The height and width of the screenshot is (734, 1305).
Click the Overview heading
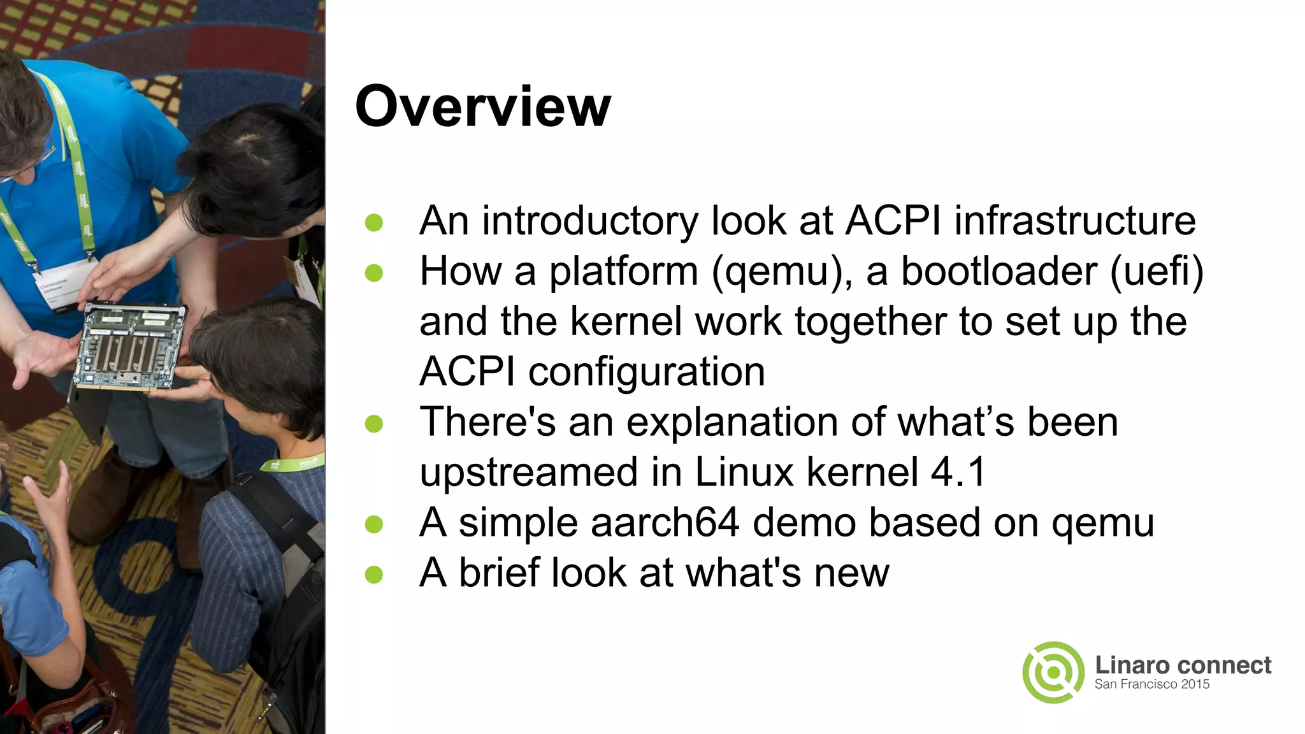[x=483, y=106]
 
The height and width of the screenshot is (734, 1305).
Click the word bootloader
[x=999, y=271]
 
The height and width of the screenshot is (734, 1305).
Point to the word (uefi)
[x=1157, y=272]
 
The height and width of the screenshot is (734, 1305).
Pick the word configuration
[x=646, y=372]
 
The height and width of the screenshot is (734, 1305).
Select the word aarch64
[x=665, y=522]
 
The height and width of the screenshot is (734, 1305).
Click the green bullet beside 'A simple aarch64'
[x=374, y=524]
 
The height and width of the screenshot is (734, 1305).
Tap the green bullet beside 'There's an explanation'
[x=374, y=424]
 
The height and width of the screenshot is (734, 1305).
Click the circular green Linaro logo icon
[x=1053, y=672]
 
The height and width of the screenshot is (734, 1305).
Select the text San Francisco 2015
[x=1151, y=684]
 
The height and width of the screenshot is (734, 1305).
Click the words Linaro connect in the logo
[x=1183, y=665]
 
